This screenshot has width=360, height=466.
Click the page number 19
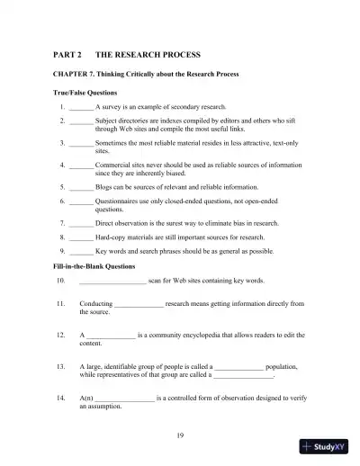click(x=180, y=435)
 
